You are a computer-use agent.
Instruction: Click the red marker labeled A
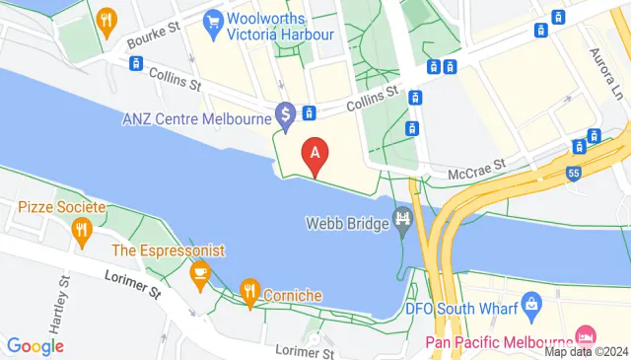tap(315, 156)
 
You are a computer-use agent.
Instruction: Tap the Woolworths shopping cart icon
tap(212, 21)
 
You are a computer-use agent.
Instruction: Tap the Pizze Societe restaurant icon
tap(82, 231)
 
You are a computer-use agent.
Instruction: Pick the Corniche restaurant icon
tap(248, 291)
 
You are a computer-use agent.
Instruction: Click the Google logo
tap(35, 346)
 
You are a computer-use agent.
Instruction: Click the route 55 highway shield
tap(574, 174)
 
